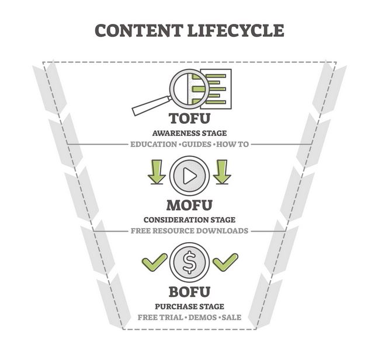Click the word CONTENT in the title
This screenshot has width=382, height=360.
139,30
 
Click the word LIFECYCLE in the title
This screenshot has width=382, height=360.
236,30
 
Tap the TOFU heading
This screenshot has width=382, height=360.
189,118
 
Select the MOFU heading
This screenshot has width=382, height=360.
189,205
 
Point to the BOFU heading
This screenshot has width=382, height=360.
189,292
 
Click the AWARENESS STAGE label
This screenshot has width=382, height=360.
189,133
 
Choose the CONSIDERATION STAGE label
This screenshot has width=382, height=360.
189,220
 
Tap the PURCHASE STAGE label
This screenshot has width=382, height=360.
189,306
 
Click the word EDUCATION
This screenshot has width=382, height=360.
154,144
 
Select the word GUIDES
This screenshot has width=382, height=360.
197,144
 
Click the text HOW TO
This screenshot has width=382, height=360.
232,144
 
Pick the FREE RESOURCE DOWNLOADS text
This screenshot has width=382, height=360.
189,230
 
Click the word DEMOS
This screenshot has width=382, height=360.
203,317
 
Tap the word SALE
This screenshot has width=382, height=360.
231,317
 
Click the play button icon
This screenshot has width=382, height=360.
189,176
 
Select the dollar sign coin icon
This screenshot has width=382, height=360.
189,263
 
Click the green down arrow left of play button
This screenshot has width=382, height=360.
157,172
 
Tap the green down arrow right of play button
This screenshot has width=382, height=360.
222,172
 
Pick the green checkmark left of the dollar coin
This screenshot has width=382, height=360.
154,262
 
